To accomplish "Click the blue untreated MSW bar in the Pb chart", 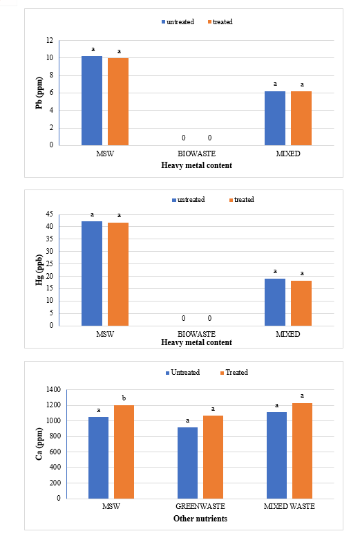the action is (92, 100).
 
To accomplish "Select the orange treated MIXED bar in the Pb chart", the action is (301, 118).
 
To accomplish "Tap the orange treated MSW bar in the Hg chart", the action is (118, 274).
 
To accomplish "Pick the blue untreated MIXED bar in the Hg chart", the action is (275, 302).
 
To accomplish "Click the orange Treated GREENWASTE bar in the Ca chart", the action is (213, 457).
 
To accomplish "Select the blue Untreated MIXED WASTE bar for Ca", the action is (276, 455).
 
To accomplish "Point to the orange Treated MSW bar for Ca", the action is (124, 452).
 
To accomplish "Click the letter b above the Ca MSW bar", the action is (124, 398).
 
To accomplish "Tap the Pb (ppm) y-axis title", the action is (40, 93).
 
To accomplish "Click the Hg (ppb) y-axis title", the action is (40, 270).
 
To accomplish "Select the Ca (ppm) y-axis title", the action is (40, 444).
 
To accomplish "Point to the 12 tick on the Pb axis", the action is (50, 41).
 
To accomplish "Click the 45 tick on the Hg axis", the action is (49, 214).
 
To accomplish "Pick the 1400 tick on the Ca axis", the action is (53, 390).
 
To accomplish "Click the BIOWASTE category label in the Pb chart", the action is (196, 154).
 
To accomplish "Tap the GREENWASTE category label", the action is (200, 506).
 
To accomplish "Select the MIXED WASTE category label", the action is (289, 506).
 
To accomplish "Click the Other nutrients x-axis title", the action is (200, 519).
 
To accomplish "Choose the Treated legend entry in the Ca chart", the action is (234, 373).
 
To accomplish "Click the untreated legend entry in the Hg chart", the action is (188, 200).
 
